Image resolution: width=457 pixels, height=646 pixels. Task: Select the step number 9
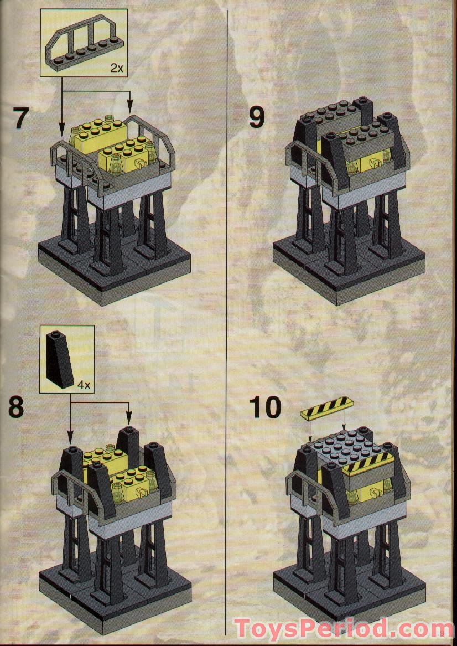pyautogui.click(x=256, y=117)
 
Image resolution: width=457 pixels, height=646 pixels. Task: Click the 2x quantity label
pyautogui.click(x=116, y=68)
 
